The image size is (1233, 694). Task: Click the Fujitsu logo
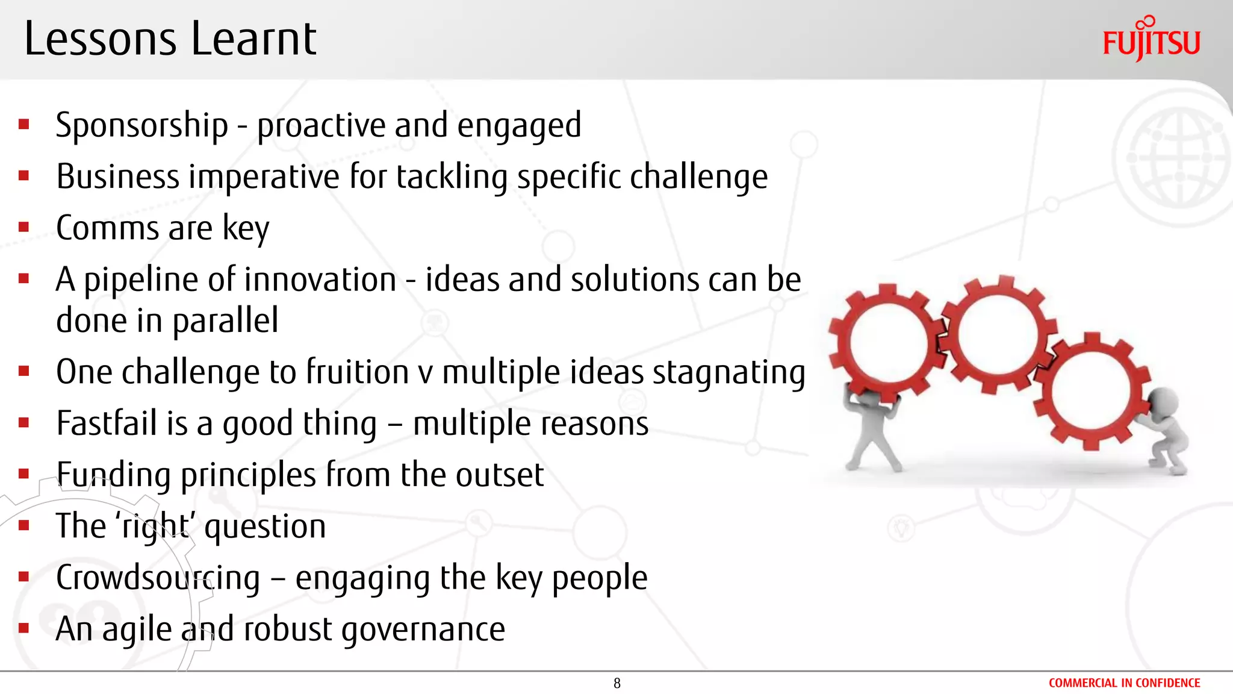pos(1151,40)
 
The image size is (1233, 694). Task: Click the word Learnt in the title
pos(253,40)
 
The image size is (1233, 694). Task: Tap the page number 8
pos(616,683)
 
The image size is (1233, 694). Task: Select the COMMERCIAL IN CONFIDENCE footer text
pos(1124,683)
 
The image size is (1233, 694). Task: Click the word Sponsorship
pos(141,125)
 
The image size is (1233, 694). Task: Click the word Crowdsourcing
pos(158,578)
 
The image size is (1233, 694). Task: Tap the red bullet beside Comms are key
pos(24,228)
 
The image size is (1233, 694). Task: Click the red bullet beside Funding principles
pos(24,474)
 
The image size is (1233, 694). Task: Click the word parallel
pos(225,320)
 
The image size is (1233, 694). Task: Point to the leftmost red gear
pos(885,343)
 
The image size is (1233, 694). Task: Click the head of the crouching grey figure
pos(1162,400)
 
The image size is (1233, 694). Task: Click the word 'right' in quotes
pos(157,526)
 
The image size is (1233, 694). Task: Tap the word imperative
pos(265,177)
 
